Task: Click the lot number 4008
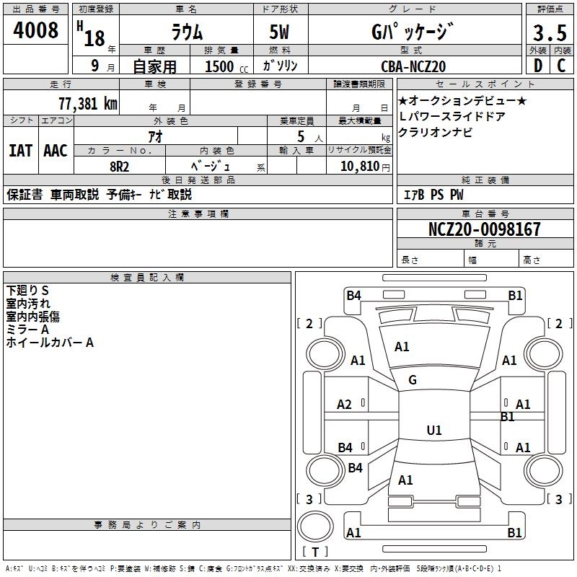(36, 30)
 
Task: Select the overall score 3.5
(548, 33)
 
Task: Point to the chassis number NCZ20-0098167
(484, 229)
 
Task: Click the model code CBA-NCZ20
(413, 66)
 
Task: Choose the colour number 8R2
(119, 165)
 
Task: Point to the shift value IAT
(20, 151)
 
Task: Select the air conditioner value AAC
(55, 151)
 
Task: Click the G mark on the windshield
(413, 380)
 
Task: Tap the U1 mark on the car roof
(433, 431)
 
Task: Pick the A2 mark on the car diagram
(345, 405)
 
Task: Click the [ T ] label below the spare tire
(315, 552)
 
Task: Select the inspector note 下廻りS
(27, 290)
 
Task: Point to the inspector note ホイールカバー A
(50, 343)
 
